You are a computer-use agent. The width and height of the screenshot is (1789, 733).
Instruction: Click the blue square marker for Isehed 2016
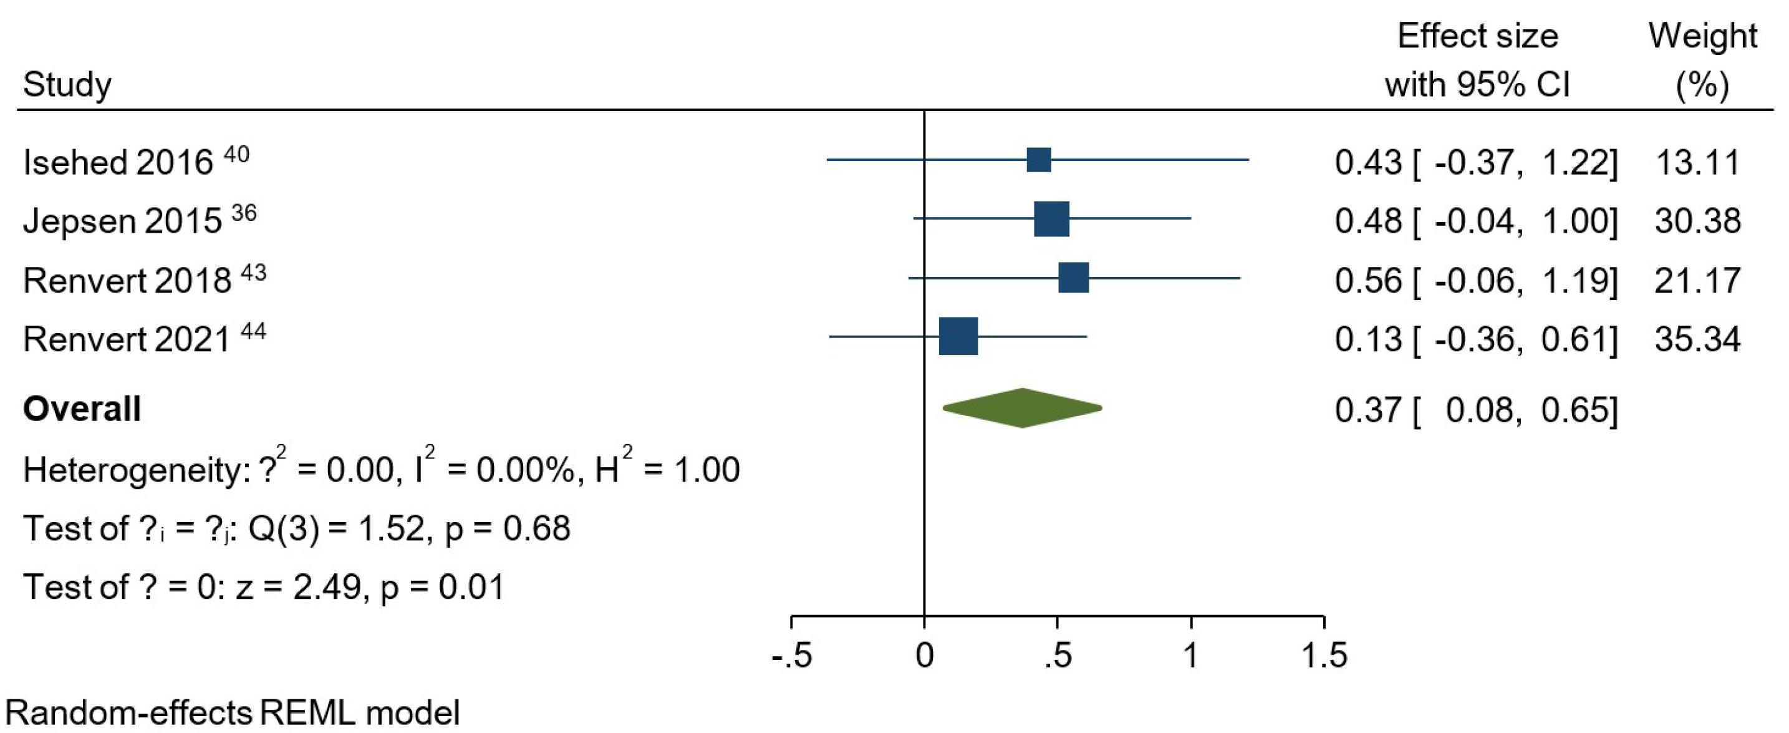(1039, 160)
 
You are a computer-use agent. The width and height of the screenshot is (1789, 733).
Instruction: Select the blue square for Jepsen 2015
(1051, 219)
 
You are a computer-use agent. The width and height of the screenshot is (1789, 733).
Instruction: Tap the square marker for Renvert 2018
(1074, 278)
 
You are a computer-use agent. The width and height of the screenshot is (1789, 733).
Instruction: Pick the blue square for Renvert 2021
(958, 336)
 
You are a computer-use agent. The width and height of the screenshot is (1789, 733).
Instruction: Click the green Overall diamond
(1022, 408)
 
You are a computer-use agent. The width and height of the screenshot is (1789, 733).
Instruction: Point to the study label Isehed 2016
(118, 163)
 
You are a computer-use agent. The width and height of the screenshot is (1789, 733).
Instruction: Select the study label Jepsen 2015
(122, 221)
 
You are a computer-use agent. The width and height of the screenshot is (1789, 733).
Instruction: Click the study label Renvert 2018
(127, 280)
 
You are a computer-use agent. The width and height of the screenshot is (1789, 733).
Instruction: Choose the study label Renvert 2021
(127, 339)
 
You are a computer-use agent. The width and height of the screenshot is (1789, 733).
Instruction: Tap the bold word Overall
(82, 409)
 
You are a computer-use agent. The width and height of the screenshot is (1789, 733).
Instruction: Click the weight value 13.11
(1697, 163)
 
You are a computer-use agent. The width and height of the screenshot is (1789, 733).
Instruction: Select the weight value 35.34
(1697, 339)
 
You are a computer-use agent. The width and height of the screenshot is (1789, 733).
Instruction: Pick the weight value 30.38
(1697, 221)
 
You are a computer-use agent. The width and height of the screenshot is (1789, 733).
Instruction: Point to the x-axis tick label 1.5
(1324, 656)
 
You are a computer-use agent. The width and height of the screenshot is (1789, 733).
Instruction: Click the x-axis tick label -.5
(793, 656)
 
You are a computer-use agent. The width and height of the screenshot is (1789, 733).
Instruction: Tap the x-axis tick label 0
(924, 656)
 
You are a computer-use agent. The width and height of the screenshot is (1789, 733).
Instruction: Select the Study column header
(67, 85)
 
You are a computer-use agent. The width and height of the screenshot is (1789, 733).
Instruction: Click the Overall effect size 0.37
(1368, 409)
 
